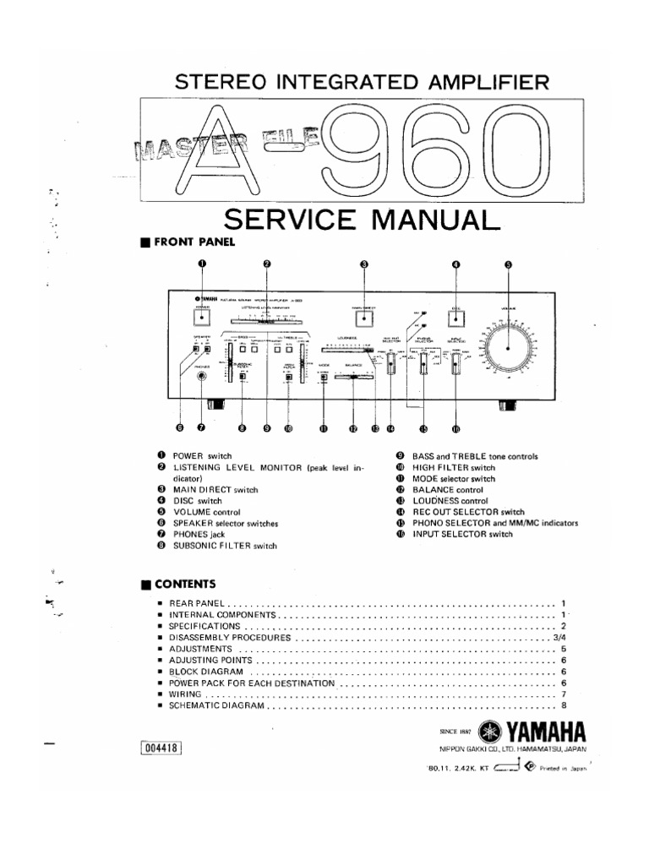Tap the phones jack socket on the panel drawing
[201, 378]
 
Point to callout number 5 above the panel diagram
[508, 264]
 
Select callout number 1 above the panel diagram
[202, 264]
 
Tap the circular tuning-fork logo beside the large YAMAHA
[489, 731]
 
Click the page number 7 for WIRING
[562, 694]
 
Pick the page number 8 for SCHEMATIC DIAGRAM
[562, 705]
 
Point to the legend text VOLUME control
[206, 512]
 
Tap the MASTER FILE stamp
[224, 144]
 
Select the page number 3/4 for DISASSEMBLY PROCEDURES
[559, 638]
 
